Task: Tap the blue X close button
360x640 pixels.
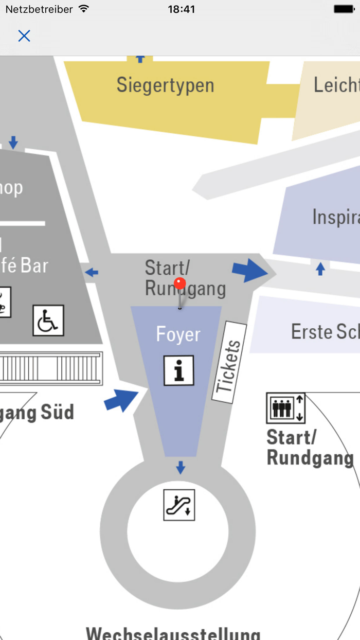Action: coord(24,35)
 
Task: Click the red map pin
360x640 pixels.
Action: coord(179,285)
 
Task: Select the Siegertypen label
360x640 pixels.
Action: coord(165,85)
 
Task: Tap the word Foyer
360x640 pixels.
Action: coord(178,334)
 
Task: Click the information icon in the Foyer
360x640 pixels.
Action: coord(179,370)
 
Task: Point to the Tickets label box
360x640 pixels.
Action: coord(229,363)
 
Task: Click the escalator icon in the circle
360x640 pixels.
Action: coord(179,505)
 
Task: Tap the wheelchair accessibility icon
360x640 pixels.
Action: coord(48,321)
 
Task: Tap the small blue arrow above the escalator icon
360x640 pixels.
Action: coord(180,468)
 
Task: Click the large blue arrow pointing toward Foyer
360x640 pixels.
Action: coord(121,400)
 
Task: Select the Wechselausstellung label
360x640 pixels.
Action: coord(173,633)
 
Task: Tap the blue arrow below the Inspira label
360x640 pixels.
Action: coord(320,268)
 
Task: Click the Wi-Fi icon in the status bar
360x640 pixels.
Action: coord(84,9)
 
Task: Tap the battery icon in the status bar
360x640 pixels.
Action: coord(344,9)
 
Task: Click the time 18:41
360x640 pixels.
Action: coord(181,9)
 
